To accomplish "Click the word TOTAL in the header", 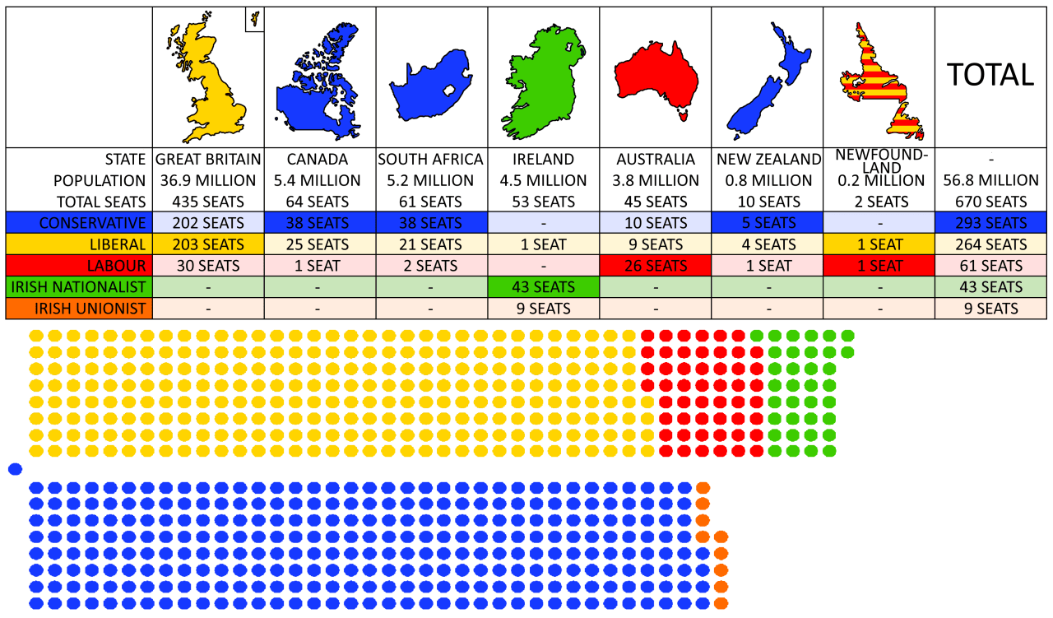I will pyautogui.click(x=990, y=75).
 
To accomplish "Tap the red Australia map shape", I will pyautogui.click(x=656, y=75).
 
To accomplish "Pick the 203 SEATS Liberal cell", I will pyautogui.click(x=209, y=244).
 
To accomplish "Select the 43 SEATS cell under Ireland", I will pyautogui.click(x=543, y=287).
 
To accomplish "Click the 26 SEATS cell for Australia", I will pyautogui.click(x=655, y=266).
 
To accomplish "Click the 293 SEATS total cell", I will pyautogui.click(x=990, y=223).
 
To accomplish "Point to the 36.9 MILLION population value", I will pyautogui.click(x=209, y=180).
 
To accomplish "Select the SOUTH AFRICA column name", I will pyautogui.click(x=430, y=159).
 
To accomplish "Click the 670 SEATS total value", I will pyautogui.click(x=990, y=202).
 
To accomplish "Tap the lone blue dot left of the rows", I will pyautogui.click(x=14, y=469).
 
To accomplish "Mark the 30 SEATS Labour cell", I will pyautogui.click(x=209, y=266).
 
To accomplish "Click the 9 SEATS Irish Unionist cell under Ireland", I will pyautogui.click(x=543, y=309).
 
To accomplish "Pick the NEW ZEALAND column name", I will pyautogui.click(x=768, y=159).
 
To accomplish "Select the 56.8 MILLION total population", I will pyautogui.click(x=990, y=180).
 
